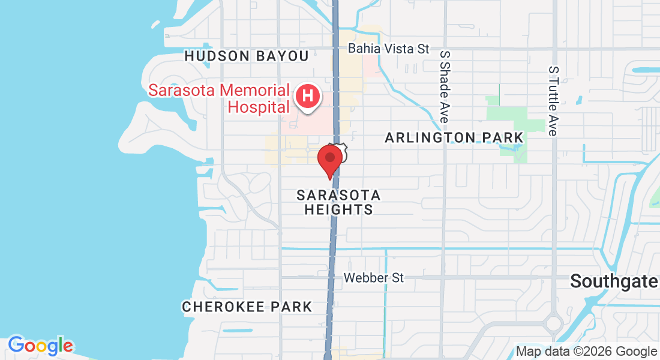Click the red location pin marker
point(330,159)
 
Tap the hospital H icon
point(308,96)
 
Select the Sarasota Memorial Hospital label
point(219,99)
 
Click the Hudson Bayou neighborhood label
point(247,56)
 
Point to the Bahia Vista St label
point(389,49)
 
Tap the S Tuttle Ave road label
point(553,100)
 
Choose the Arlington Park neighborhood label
point(454,138)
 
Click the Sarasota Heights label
point(339,202)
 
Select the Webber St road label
point(373,278)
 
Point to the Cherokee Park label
point(247,307)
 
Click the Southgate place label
point(614,280)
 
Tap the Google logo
point(40,346)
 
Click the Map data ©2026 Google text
point(587,352)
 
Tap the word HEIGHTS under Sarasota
point(339,209)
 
